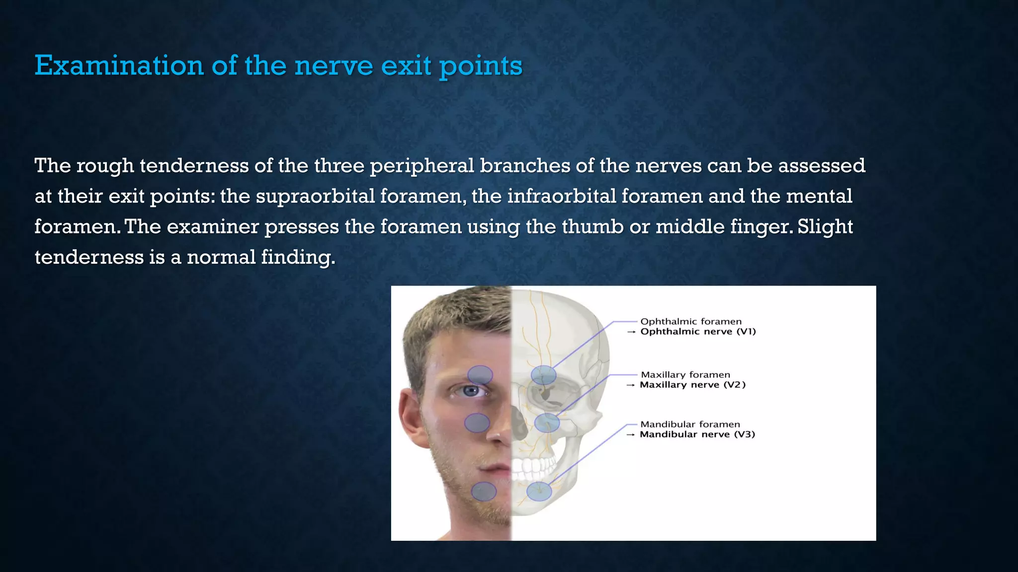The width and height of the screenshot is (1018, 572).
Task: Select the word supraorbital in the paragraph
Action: point(315,196)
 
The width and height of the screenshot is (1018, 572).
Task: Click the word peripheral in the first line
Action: point(422,165)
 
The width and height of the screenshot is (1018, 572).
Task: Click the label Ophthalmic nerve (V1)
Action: point(698,332)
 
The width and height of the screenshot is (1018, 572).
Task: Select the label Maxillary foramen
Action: point(685,375)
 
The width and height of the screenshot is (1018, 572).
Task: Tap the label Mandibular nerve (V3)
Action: point(697,434)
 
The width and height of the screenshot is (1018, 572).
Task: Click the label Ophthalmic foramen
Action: point(690,322)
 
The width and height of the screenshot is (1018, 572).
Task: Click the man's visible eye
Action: point(470,391)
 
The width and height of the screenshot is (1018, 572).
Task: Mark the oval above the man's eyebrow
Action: point(480,375)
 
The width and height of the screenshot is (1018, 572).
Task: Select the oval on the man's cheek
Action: point(477,423)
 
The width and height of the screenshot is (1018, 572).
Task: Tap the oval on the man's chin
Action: point(483,492)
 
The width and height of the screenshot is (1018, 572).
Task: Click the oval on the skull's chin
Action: point(539,492)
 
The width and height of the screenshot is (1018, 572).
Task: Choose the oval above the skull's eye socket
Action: point(543,375)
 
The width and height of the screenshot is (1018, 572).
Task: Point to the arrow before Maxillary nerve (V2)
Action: point(630,385)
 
